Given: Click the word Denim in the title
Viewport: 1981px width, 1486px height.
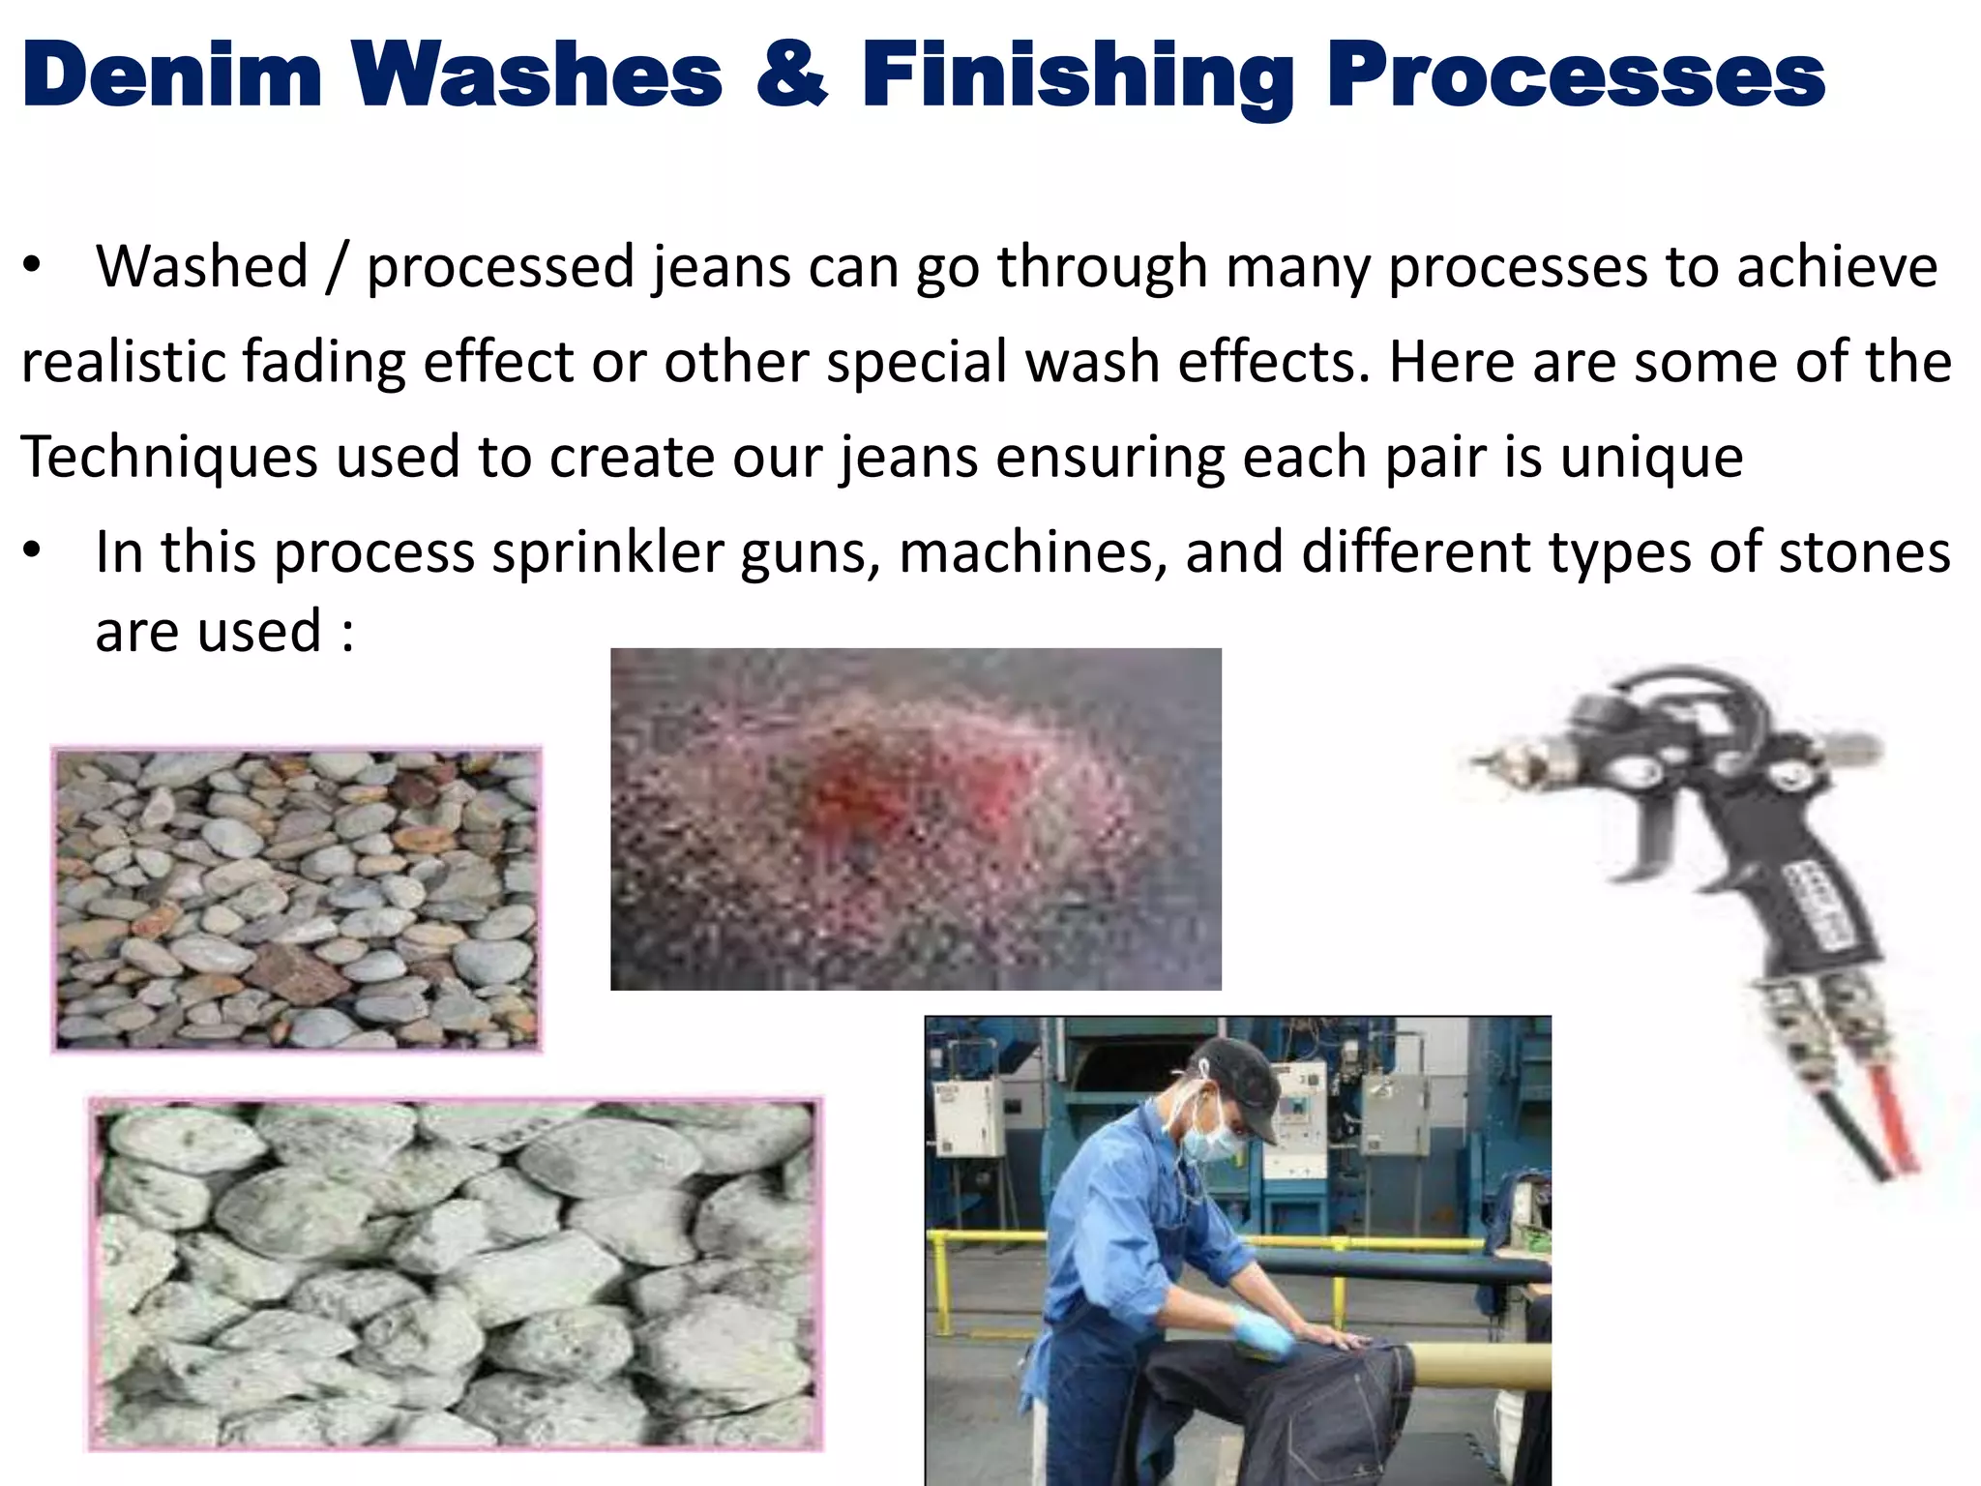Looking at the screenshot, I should click(171, 75).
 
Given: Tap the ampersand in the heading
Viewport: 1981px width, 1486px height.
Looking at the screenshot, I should click(791, 75).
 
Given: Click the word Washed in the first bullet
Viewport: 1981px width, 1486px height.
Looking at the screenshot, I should click(201, 266).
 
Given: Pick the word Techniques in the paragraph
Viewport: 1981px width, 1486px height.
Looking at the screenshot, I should click(169, 457).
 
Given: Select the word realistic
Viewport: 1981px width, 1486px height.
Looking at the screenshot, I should click(123, 362).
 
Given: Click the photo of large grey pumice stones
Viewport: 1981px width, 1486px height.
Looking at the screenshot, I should click(455, 1273).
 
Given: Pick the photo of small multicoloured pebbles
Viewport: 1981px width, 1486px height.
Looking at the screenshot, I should click(296, 899).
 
